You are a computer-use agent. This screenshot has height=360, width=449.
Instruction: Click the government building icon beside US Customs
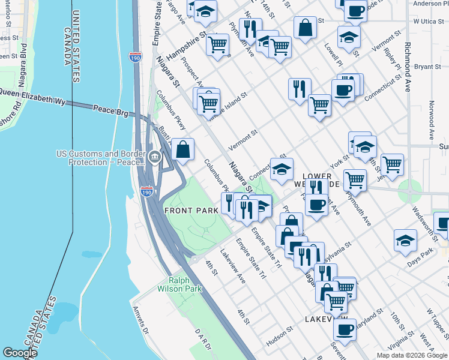[x=155, y=158]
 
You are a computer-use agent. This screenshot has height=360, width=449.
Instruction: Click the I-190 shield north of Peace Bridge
[x=135, y=58]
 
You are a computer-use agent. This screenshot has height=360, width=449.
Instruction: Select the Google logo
[x=20, y=353]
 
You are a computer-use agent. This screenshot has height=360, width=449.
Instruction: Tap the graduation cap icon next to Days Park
[x=406, y=239]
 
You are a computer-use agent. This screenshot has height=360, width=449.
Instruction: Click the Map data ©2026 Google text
[x=411, y=355]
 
